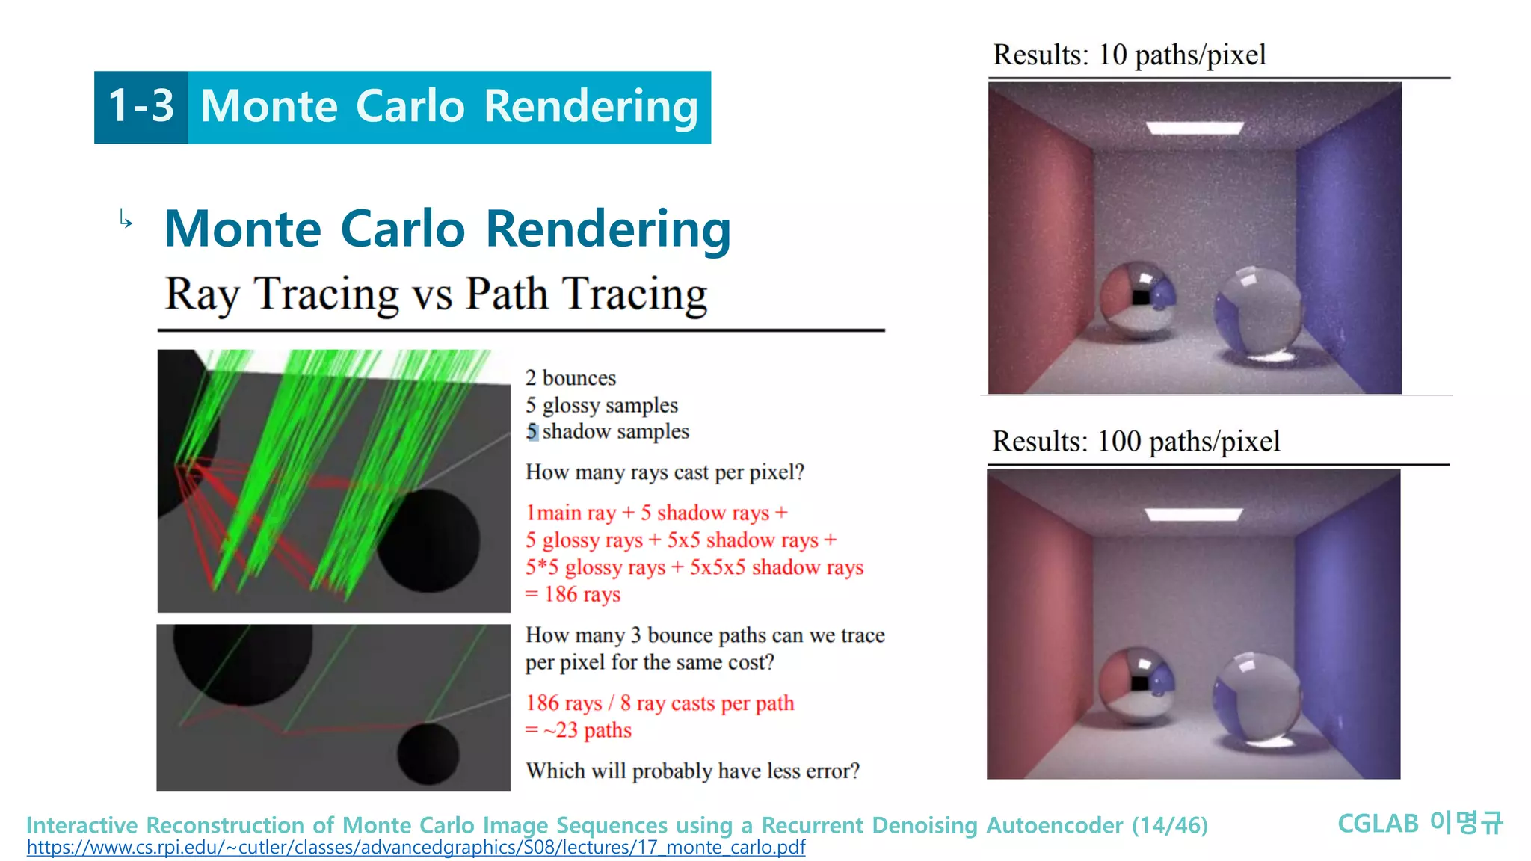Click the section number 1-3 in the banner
pyautogui.click(x=141, y=106)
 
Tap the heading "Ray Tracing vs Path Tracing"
pyautogui.click(x=436, y=294)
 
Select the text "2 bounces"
pyautogui.click(x=570, y=378)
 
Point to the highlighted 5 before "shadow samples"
pyautogui.click(x=532, y=432)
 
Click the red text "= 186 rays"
pyautogui.click(x=573, y=595)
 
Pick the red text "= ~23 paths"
pyautogui.click(x=578, y=730)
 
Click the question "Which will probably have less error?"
pyautogui.click(x=692, y=771)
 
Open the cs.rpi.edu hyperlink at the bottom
pyautogui.click(x=416, y=848)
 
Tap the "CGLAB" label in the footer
pyautogui.click(x=1377, y=824)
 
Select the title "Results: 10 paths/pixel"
pyautogui.click(x=1129, y=55)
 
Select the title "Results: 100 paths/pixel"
pyautogui.click(x=1136, y=442)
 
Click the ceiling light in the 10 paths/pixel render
pyautogui.click(x=1195, y=128)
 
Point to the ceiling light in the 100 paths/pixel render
pyautogui.click(x=1194, y=514)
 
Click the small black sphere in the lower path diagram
pyautogui.click(x=428, y=753)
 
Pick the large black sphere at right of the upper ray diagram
pyautogui.click(x=428, y=540)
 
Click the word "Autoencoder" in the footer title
pyautogui.click(x=1054, y=825)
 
